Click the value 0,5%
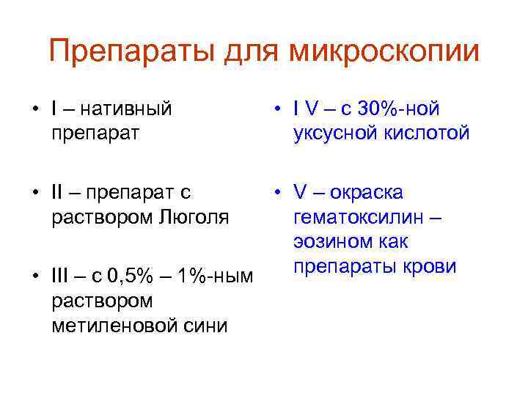tap(131, 276)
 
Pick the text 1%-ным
tap(219, 276)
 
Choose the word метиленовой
tap(114, 325)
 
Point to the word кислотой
tap(428, 133)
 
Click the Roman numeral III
tap(61, 276)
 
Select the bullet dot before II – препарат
tap(34, 193)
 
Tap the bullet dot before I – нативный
tap(34, 110)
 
